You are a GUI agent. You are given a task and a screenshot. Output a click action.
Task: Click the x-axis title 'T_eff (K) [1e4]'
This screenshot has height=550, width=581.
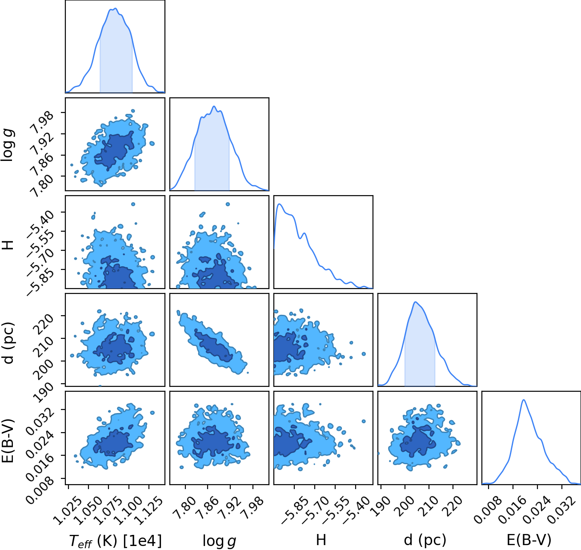(x=116, y=541)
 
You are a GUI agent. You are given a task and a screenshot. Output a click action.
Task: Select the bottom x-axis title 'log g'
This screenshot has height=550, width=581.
(x=219, y=541)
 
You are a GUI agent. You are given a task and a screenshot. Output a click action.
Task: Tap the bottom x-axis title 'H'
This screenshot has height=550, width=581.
(x=321, y=540)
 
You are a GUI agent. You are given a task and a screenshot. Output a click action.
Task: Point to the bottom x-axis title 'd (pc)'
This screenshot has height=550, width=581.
(x=425, y=540)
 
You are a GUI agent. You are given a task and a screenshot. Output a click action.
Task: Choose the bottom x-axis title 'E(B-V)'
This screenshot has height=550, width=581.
(x=529, y=540)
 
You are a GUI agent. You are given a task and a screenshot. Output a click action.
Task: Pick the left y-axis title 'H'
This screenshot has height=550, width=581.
(x=8, y=245)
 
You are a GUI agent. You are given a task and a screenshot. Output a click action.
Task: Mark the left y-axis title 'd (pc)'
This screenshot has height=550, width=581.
(x=8, y=342)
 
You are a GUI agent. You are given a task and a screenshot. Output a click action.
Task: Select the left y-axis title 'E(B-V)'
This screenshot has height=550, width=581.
(x=8, y=440)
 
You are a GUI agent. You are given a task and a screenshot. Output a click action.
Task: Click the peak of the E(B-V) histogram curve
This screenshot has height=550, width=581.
(x=524, y=400)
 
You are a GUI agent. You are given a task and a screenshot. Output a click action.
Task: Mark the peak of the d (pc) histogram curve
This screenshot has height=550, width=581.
(x=415, y=302)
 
